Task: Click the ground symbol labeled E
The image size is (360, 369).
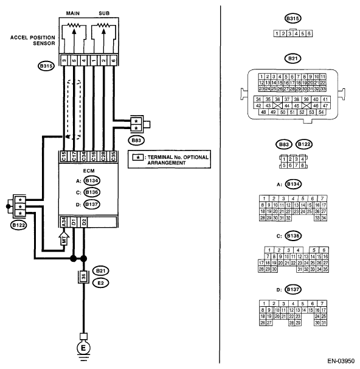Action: point(83,348)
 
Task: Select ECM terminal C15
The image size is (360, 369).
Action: point(64,156)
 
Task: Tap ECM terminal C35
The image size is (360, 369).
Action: point(113,156)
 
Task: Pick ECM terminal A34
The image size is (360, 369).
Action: point(64,222)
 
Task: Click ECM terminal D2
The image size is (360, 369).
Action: point(84,222)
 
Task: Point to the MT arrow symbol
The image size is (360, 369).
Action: point(64,239)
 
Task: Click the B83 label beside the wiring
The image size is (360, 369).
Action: point(136,141)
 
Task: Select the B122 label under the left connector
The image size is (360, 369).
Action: point(19,225)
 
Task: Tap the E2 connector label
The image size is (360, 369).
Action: point(100,283)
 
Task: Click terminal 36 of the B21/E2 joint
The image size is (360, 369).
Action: point(83,276)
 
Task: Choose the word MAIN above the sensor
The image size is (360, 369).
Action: point(73,13)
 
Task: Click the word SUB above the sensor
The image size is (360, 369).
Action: point(104,13)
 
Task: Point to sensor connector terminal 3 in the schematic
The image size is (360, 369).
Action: point(64,60)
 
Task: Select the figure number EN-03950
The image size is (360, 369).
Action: point(341,361)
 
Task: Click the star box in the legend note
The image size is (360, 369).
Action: point(138,158)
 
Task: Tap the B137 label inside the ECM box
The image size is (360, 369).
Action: point(92,204)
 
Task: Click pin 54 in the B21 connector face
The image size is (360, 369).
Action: point(321,112)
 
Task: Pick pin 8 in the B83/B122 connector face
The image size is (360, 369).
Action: point(303,165)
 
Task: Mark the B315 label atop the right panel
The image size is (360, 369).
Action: point(292,19)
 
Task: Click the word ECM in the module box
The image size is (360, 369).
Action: point(89,171)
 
